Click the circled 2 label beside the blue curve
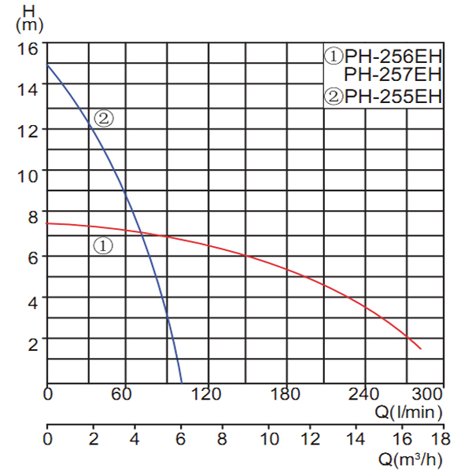pos(105,119)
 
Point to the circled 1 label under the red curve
pos(104,245)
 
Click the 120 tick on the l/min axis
pos(205,393)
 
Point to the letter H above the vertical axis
pos(29,10)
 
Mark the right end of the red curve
pos(422,348)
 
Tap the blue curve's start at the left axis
pos(48,65)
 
